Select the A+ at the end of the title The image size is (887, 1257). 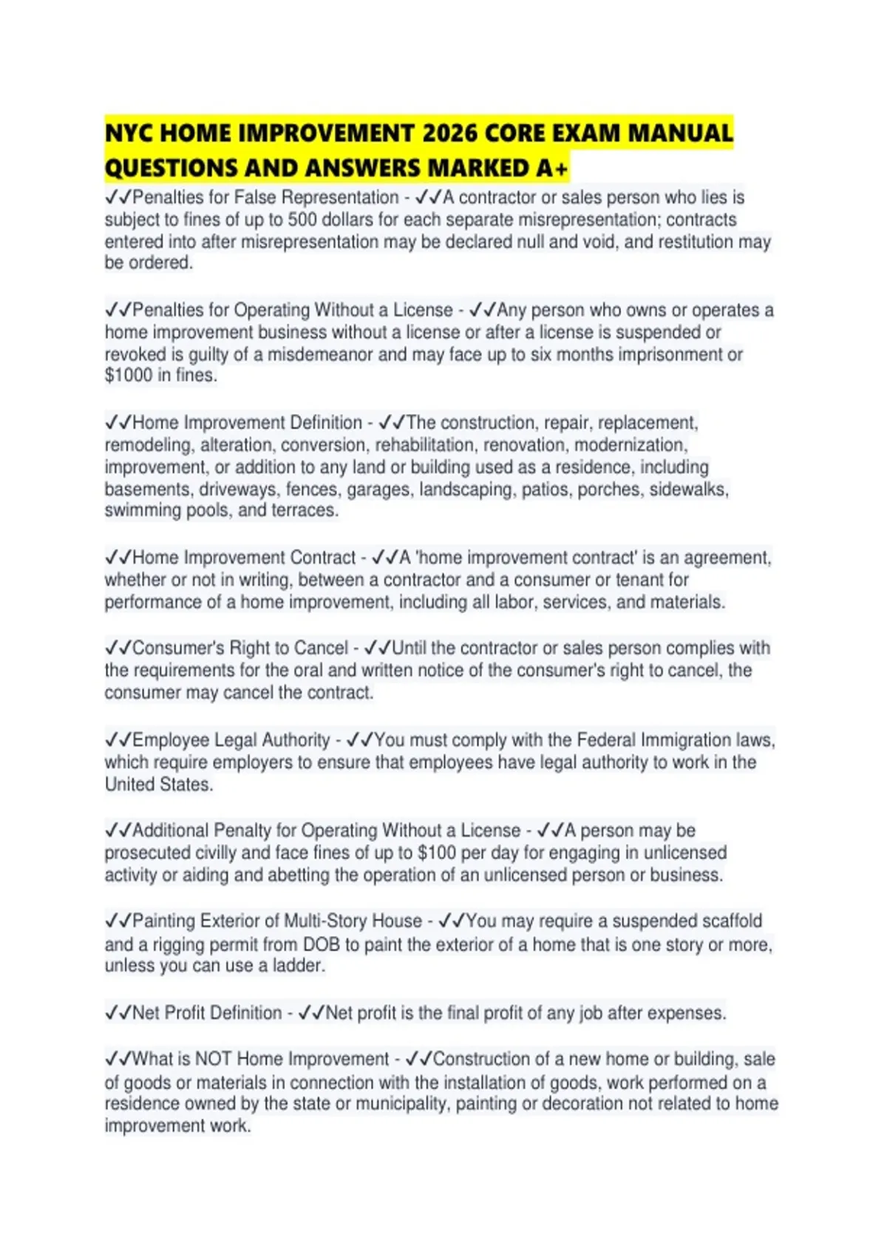tap(553, 169)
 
